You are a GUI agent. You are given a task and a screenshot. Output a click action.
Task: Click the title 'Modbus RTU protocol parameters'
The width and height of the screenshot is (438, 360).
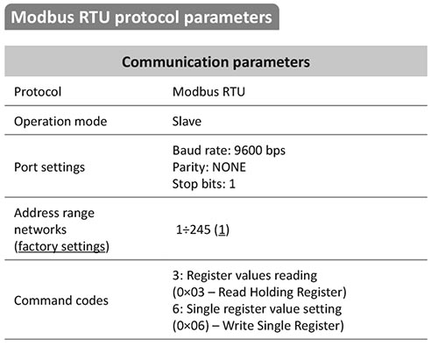(x=142, y=18)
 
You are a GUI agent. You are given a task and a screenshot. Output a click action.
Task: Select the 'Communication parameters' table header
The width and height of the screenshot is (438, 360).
(x=215, y=62)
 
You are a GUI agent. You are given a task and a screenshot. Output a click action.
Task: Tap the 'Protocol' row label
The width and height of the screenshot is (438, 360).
(x=38, y=92)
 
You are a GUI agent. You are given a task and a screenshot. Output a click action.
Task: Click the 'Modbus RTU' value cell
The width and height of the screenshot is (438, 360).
(x=208, y=92)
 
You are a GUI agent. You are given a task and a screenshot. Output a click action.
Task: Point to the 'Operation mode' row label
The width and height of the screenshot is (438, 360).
(x=60, y=122)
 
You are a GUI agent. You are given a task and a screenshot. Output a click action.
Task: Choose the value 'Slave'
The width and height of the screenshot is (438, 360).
(x=187, y=122)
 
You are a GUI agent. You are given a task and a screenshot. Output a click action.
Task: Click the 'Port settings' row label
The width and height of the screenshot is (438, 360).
(x=49, y=167)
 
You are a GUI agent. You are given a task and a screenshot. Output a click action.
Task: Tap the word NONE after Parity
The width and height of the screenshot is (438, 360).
(x=229, y=167)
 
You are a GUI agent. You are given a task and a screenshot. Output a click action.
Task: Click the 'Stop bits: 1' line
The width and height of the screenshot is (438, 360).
(x=204, y=184)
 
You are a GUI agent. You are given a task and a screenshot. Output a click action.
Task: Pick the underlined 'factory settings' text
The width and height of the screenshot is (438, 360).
(x=61, y=246)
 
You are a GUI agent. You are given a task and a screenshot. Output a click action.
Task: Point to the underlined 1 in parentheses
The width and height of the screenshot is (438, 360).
(x=222, y=229)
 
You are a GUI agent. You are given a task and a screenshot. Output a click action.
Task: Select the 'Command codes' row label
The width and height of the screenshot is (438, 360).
(x=61, y=300)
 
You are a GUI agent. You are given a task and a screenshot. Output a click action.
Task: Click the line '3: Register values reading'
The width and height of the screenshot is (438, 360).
(x=244, y=276)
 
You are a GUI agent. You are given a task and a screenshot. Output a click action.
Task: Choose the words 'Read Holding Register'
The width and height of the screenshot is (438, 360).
(x=280, y=293)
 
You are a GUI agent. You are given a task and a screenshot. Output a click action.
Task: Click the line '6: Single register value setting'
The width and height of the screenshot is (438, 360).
(x=257, y=309)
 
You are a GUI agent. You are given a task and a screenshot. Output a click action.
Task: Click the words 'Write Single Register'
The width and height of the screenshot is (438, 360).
(x=281, y=326)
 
